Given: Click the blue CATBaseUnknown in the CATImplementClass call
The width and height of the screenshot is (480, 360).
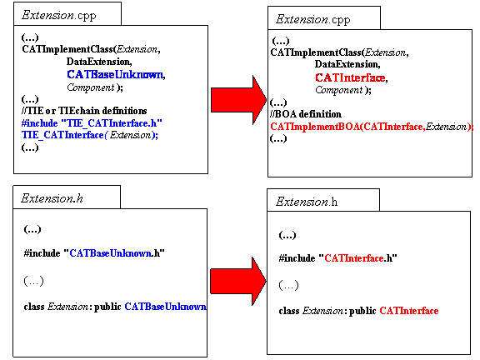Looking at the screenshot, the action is (115, 74).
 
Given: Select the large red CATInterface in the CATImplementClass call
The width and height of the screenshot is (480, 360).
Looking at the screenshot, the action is (350, 77).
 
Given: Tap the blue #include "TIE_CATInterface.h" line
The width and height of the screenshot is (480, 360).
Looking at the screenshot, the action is (92, 123).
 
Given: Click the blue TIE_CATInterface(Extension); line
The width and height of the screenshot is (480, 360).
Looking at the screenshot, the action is (90, 135).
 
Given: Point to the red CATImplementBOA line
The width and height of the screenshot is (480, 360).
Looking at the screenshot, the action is (372, 127).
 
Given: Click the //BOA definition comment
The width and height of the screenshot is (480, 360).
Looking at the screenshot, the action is (306, 114).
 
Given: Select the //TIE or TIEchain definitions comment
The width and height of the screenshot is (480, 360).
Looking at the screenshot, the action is (84, 111).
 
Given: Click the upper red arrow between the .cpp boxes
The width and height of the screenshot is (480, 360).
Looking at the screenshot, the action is (239, 100).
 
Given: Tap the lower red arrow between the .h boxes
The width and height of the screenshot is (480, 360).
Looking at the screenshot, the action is (238, 281).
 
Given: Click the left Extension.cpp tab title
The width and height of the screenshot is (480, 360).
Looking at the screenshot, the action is (59, 15).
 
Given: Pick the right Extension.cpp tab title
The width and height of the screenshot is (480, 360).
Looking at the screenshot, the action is (312, 20).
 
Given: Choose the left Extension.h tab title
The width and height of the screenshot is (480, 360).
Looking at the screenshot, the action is (52, 198).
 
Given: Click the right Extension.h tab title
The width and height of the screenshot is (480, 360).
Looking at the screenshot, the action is (307, 202).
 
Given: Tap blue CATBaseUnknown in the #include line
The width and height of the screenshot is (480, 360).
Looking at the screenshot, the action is (110, 253).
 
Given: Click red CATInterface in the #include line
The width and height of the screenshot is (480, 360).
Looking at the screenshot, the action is (354, 258).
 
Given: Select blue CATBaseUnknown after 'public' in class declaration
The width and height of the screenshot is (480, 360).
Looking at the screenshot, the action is (165, 307).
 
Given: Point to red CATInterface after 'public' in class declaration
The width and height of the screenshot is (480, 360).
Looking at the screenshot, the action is (409, 311).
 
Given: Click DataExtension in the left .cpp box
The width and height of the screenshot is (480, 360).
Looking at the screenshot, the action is (99, 62).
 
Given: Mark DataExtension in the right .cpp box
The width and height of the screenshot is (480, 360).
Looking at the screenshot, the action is (347, 64).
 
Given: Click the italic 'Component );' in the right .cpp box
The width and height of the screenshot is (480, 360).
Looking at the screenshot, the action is (343, 90).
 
